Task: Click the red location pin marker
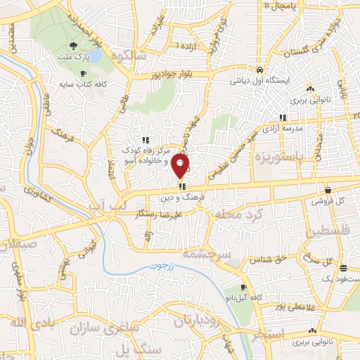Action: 181,166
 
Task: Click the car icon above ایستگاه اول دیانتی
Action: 259,70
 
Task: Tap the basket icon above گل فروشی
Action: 328,189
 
